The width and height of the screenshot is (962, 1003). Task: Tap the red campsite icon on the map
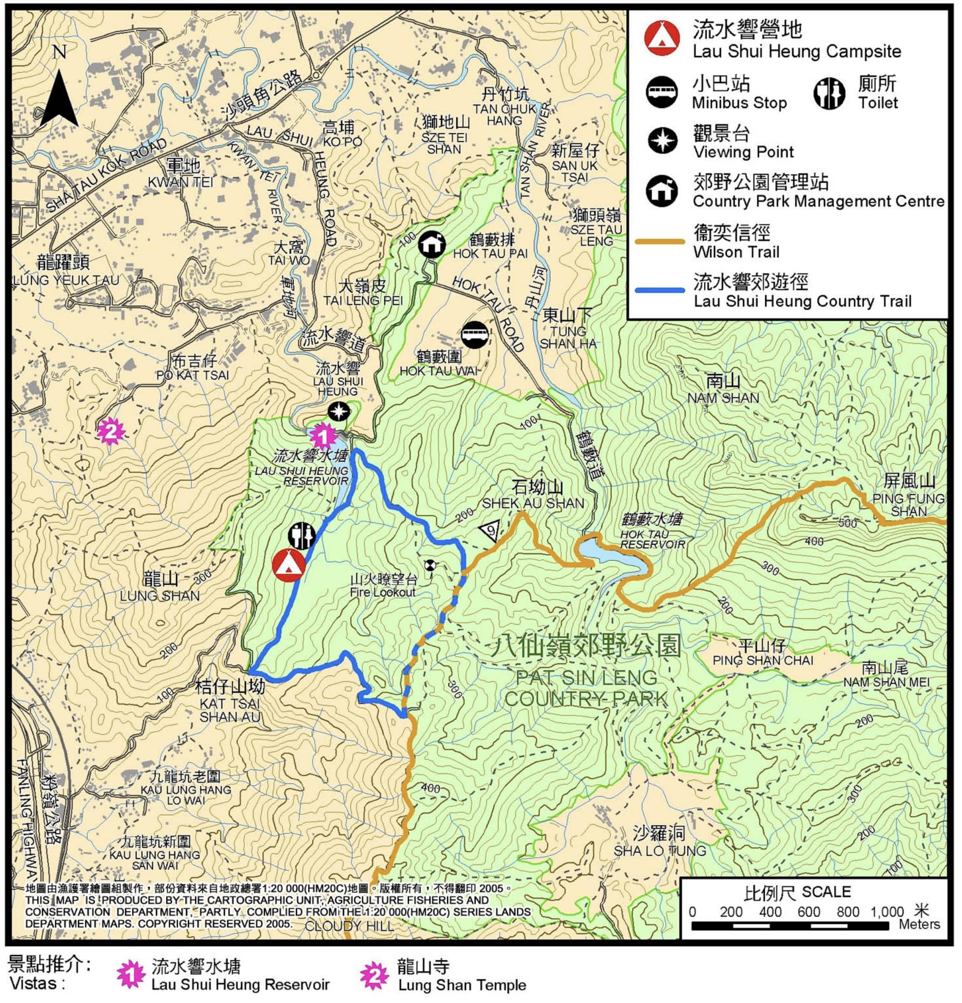coord(289,565)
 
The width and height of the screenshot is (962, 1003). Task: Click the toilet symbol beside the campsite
coord(301,535)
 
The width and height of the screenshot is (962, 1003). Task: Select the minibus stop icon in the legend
coord(662,93)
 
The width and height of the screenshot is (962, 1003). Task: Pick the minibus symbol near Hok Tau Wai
coord(475,335)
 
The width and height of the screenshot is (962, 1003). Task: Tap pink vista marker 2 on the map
coord(110,431)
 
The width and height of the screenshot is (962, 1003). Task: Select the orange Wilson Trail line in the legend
coord(659,242)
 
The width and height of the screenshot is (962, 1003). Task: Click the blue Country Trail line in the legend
coord(659,290)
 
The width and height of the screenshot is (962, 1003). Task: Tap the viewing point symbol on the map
coord(338,411)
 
